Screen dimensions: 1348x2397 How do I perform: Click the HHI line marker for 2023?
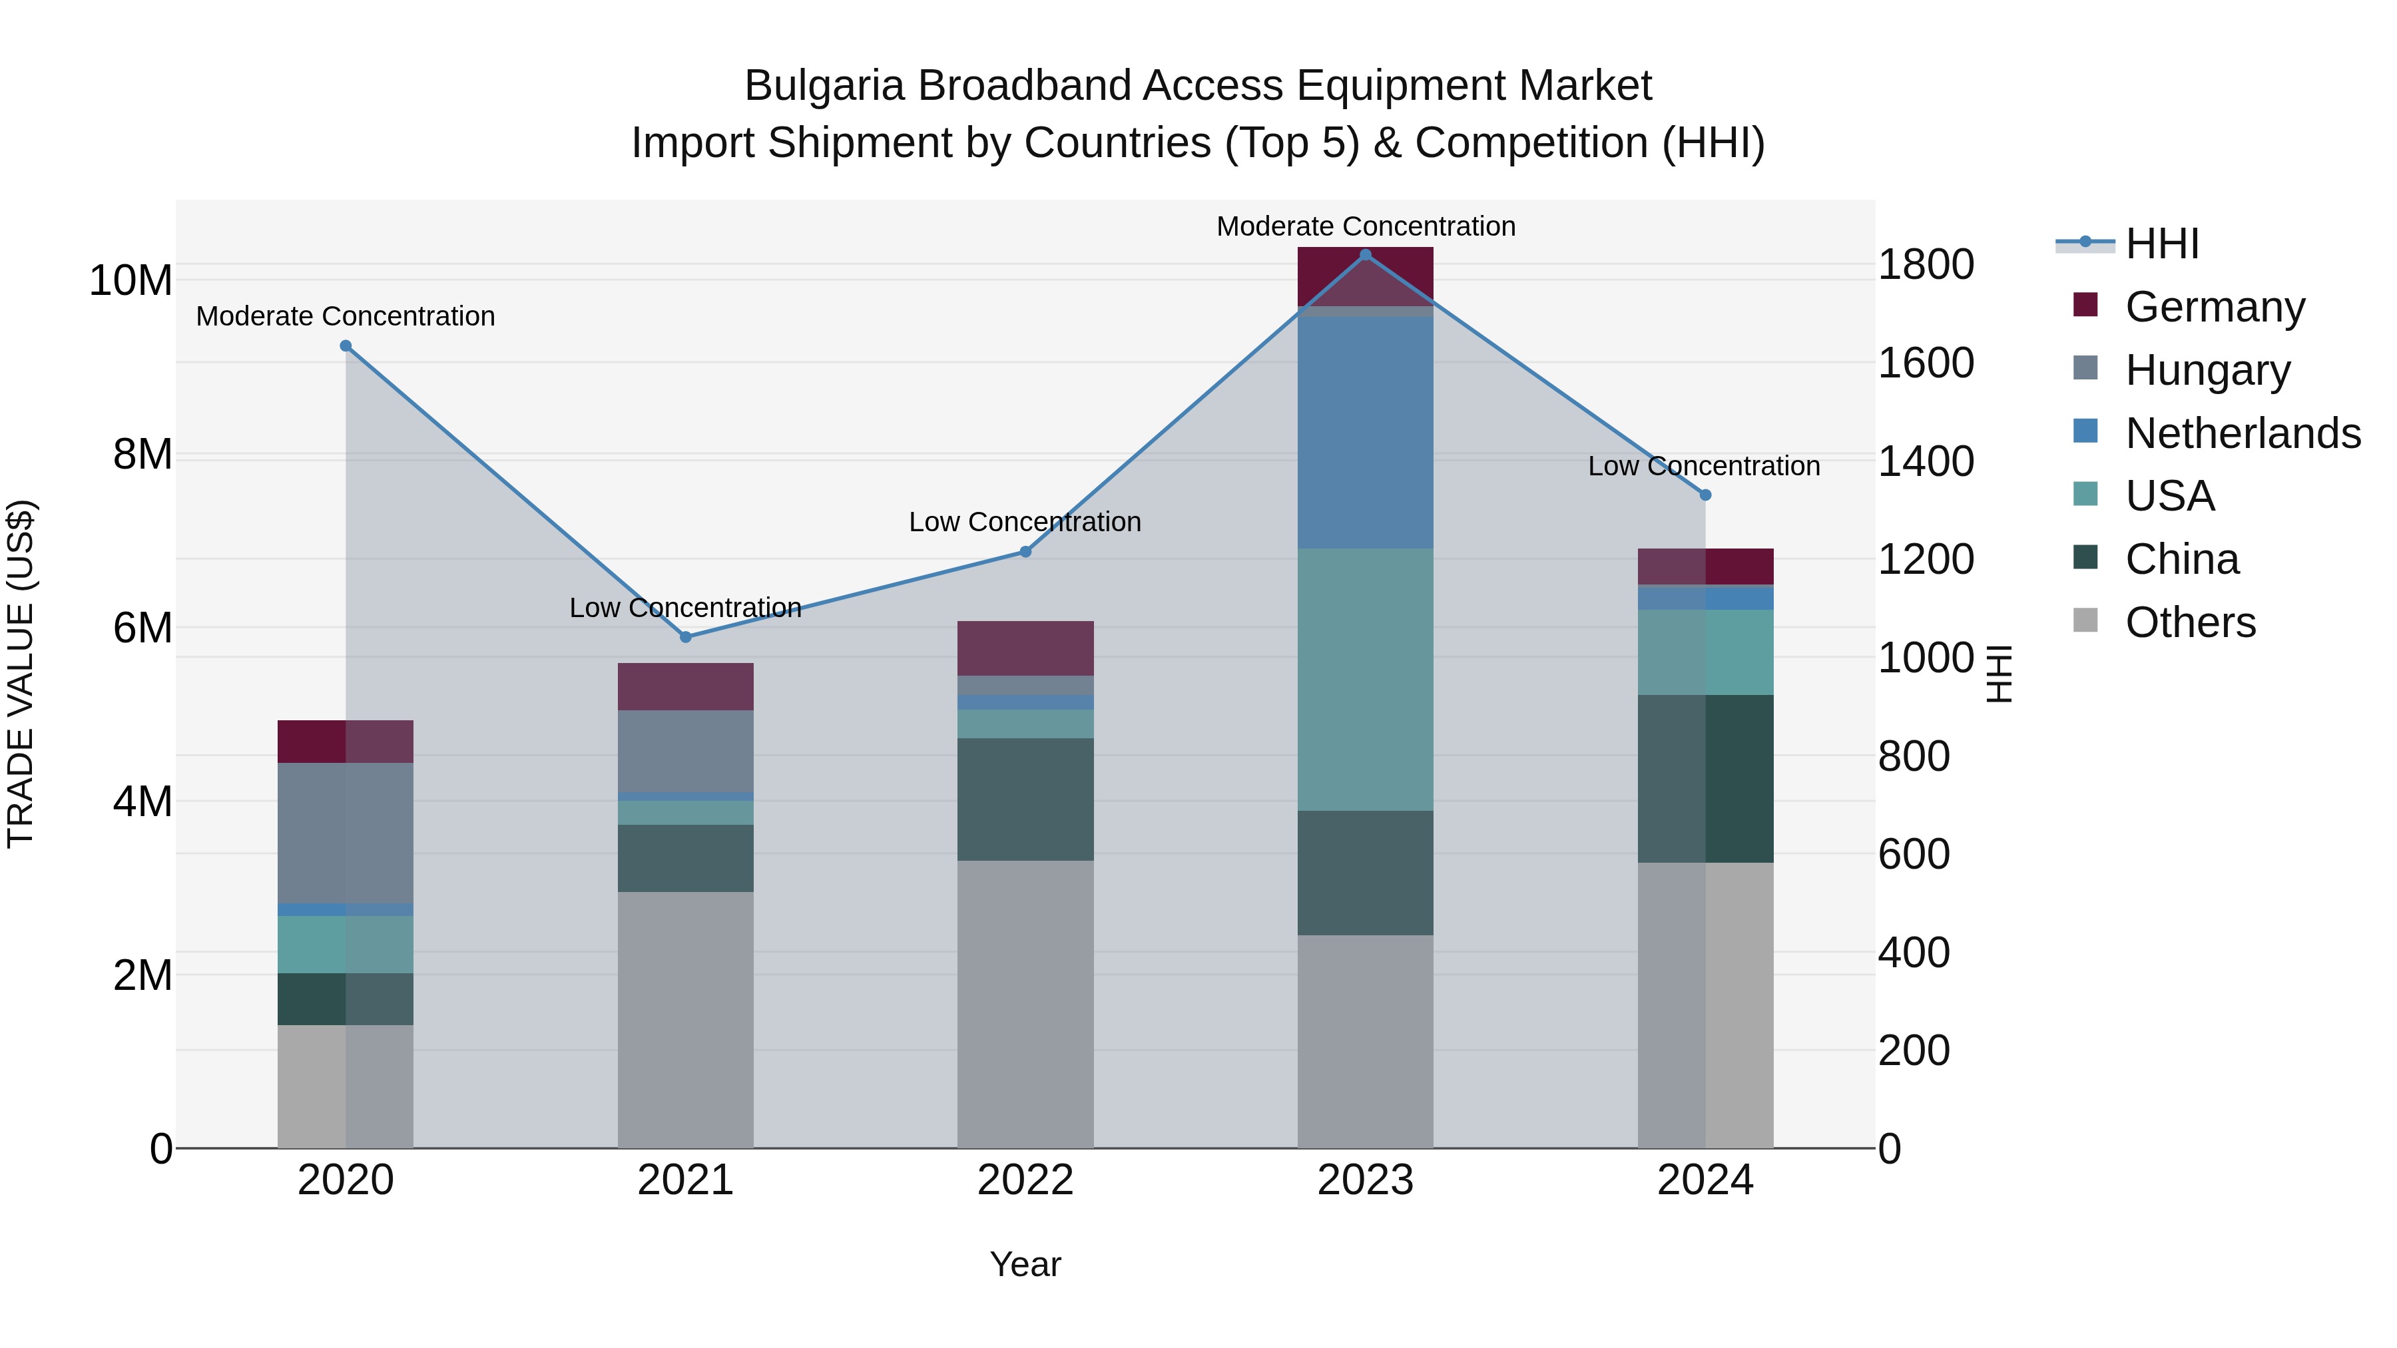coord(1365,254)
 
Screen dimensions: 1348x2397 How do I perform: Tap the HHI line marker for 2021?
coord(686,637)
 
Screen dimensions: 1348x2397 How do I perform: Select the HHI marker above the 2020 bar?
coord(345,346)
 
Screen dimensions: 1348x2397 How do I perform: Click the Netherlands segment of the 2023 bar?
coord(1365,433)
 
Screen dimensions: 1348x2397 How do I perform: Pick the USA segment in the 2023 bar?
coord(1365,679)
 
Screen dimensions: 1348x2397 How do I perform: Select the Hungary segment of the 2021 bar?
coord(686,751)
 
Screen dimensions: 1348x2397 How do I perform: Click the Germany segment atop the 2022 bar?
coord(1025,648)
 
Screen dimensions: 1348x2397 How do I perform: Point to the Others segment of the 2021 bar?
coord(686,1020)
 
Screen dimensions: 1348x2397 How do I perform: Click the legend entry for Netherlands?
coord(2243,433)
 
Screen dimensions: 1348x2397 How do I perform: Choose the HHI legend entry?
coord(2161,244)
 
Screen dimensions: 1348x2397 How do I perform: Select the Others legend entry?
coord(2189,622)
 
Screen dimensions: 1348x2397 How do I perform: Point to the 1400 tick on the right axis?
coord(1925,461)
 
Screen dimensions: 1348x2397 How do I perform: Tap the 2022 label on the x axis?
coord(1025,1180)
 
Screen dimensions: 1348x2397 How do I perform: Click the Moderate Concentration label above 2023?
coord(1365,226)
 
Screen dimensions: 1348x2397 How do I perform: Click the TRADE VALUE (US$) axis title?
coord(21,674)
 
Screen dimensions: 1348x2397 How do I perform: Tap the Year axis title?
coord(1025,1264)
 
